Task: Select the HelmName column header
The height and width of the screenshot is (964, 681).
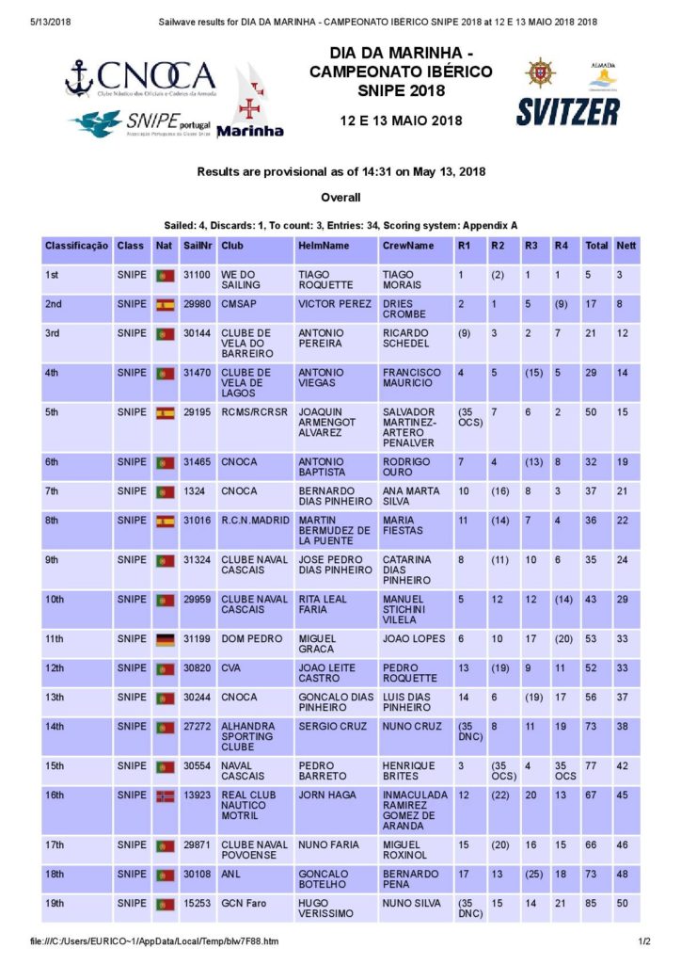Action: click(323, 245)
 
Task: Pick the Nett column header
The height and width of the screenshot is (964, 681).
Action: click(626, 245)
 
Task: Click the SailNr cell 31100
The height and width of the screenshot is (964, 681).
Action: click(197, 275)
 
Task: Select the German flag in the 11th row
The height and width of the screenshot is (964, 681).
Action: click(166, 638)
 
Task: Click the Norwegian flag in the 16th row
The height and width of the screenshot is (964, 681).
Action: click(166, 795)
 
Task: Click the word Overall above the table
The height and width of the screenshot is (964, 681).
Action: click(340, 198)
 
